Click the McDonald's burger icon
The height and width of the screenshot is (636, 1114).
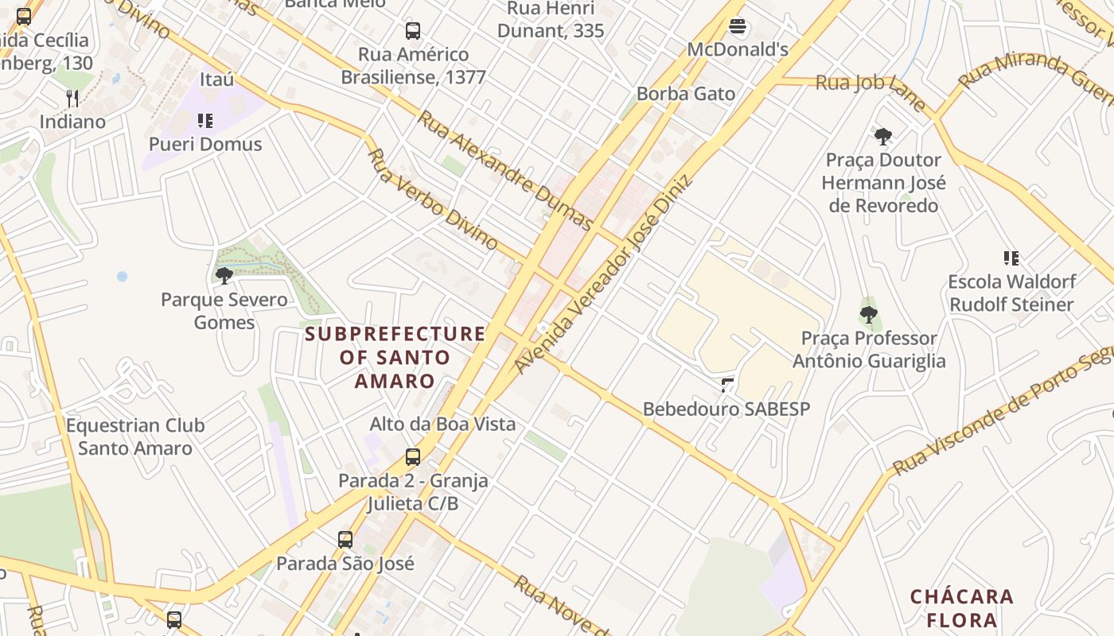point(738,27)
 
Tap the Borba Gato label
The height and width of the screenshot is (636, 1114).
point(686,94)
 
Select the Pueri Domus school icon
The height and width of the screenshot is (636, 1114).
point(205,121)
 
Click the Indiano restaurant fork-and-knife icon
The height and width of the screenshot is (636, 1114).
point(72,98)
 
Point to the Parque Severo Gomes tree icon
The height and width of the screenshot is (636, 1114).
point(224,276)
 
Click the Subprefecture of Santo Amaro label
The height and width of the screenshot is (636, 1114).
point(395,357)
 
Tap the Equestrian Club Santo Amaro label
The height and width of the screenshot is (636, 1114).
point(135,436)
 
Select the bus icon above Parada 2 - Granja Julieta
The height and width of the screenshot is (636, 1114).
point(412,457)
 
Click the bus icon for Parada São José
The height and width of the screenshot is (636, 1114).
point(345,540)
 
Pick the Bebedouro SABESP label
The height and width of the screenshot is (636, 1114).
point(726,409)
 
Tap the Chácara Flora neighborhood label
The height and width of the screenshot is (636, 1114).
point(962,608)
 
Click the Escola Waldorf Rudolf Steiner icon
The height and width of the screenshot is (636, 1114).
point(1011,258)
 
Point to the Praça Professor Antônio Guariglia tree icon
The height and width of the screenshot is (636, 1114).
point(869,315)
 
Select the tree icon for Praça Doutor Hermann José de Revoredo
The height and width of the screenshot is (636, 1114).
point(883,137)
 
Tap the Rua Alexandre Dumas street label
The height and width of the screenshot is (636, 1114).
point(505,170)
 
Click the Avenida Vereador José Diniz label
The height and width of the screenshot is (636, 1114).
point(602,274)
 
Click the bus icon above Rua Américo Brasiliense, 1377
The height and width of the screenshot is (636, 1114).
point(412,31)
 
